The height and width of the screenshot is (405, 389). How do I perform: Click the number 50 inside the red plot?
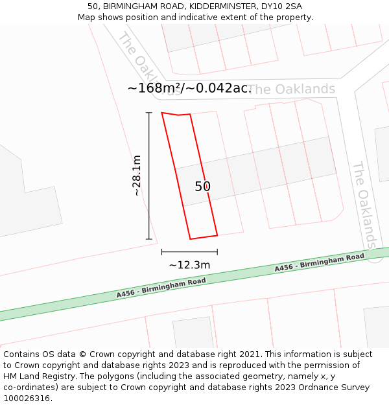[203, 187]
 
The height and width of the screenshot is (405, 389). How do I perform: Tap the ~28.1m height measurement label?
[136, 176]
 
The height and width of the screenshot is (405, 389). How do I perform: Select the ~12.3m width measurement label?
[189, 265]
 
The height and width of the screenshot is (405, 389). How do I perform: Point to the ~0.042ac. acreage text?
[218, 88]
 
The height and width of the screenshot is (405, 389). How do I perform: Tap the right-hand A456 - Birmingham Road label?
[319, 262]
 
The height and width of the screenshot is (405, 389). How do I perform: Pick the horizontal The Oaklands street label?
[292, 89]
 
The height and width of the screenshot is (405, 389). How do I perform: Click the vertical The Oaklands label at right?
[364, 205]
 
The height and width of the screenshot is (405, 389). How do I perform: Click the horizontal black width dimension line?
[189, 252]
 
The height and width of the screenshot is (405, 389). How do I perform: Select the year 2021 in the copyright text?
[250, 354]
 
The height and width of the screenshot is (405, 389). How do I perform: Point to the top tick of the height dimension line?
[149, 113]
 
